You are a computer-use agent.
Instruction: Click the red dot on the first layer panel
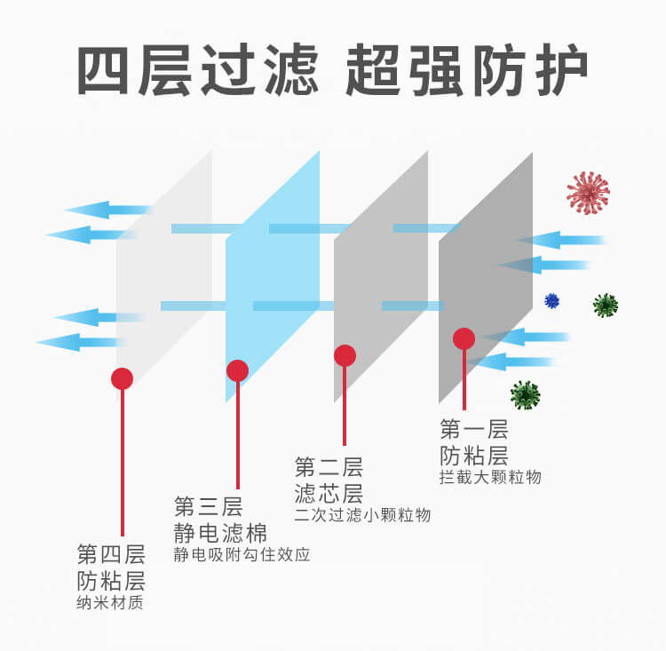[464, 338]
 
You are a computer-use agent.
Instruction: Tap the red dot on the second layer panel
[345, 356]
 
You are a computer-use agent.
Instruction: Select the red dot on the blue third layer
[237, 370]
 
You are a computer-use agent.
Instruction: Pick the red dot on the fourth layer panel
[123, 378]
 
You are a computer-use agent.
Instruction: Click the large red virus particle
[589, 193]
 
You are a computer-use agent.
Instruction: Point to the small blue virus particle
[552, 300]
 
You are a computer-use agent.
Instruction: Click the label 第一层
[474, 431]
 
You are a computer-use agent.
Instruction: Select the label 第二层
[329, 466]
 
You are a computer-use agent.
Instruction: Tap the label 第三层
[208, 507]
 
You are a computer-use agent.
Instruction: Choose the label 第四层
[111, 556]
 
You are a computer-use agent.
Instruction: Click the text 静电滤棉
[220, 533]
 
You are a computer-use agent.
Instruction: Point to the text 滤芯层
[329, 493]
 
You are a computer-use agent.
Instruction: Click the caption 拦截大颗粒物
[490, 478]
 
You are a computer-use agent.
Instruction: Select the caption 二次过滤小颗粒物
[362, 515]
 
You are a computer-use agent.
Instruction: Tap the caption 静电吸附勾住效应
[242, 555]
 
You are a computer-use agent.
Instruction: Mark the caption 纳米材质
[110, 604]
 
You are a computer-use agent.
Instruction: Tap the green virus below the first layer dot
[525, 394]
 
